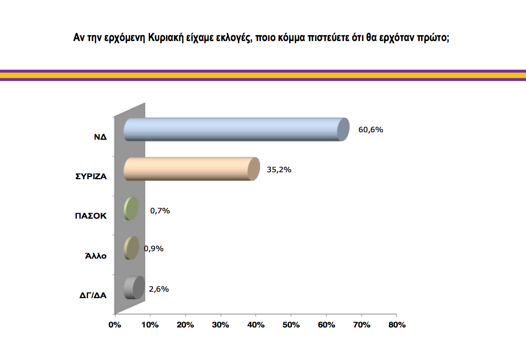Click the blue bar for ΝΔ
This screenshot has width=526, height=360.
click(235, 129)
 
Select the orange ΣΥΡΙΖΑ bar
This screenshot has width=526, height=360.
click(189, 169)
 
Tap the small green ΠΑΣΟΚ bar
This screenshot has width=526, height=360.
click(131, 209)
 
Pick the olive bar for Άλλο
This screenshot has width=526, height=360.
click(131, 248)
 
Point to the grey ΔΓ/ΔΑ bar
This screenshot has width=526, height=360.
click(133, 288)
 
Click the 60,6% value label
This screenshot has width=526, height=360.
click(371, 130)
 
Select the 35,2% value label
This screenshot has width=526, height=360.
click(279, 170)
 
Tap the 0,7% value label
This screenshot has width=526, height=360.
click(160, 211)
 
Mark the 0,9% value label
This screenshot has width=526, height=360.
click(154, 249)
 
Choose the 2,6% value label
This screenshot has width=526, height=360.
click(159, 289)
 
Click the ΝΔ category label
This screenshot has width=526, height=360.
click(100, 137)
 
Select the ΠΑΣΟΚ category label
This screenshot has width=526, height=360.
click(91, 216)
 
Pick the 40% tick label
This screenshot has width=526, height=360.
click(256, 324)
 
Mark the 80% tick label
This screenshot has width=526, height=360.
click(396, 324)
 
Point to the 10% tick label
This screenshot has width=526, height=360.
click(150, 324)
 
